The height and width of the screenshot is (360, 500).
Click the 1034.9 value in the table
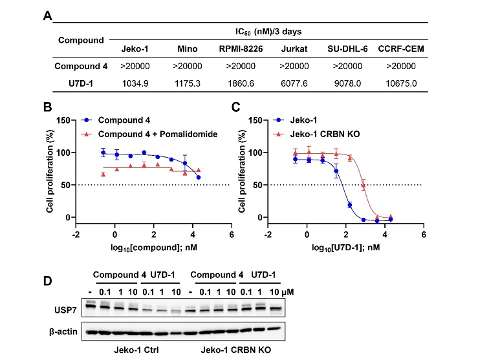(x=135, y=83)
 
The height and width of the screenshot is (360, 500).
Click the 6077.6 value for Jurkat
(x=296, y=83)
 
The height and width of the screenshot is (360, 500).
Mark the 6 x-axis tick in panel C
(x=423, y=235)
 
